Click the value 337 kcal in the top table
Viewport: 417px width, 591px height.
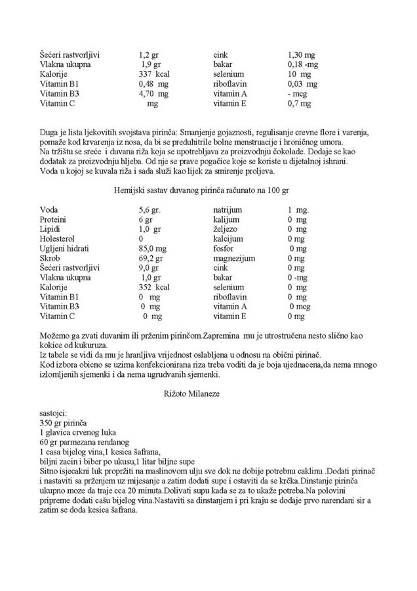(x=154, y=74)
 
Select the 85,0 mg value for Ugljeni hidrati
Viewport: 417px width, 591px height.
(x=152, y=249)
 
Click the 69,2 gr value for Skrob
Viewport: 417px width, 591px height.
(x=150, y=259)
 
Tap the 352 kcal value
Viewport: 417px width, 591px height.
(x=154, y=288)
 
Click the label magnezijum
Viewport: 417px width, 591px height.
(x=233, y=259)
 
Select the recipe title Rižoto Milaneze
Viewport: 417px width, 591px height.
(x=191, y=394)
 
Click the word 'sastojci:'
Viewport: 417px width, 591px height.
(x=58, y=414)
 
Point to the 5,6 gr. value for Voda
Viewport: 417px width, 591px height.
(x=149, y=209)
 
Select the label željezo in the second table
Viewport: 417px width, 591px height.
(x=226, y=229)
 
